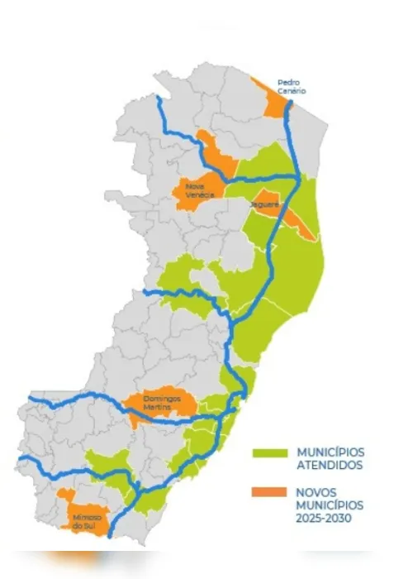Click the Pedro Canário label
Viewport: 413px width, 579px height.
289,89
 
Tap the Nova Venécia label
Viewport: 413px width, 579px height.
200,190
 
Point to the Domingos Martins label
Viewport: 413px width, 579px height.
160,402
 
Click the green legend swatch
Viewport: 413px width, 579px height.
268,453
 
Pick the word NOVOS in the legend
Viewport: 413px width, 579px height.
311,491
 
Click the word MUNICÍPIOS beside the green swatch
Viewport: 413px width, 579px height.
330,452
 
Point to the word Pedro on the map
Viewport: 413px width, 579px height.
289,84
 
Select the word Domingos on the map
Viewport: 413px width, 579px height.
160,397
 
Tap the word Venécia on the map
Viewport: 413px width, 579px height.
200,194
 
